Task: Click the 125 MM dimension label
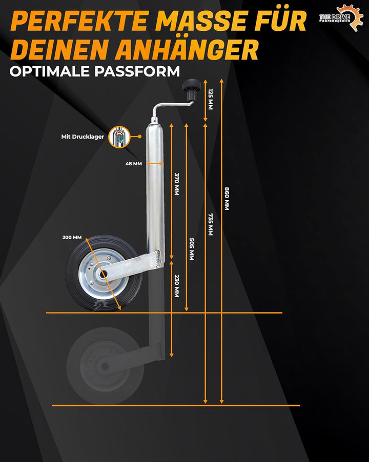click(x=211, y=99)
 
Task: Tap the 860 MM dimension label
click(x=227, y=199)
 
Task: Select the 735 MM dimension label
click(x=211, y=224)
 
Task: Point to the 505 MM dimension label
click(x=192, y=249)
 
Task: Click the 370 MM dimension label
click(x=176, y=184)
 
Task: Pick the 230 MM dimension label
click(x=176, y=286)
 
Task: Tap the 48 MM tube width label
click(x=134, y=164)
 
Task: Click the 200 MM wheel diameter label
click(x=72, y=237)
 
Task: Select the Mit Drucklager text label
click(x=83, y=137)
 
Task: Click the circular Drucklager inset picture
click(x=119, y=137)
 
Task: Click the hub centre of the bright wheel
click(x=104, y=274)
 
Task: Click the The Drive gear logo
click(x=342, y=17)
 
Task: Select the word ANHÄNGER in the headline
click(x=187, y=50)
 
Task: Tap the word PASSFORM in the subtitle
click(x=137, y=71)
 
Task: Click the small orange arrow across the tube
click(x=155, y=164)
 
